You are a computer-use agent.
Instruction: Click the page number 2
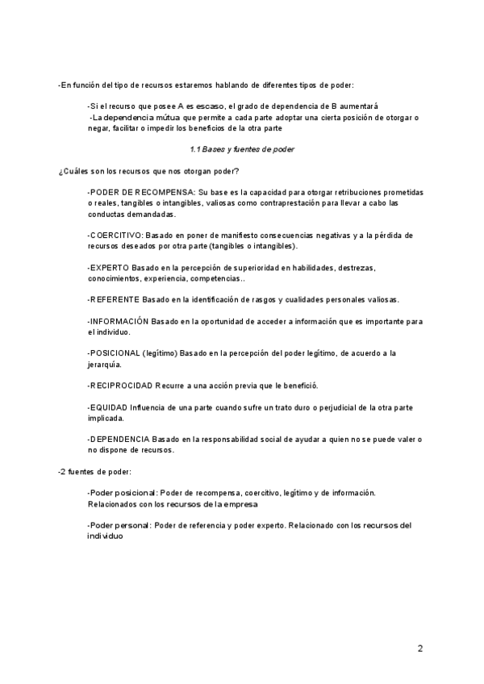419,648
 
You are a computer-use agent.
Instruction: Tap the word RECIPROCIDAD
120,386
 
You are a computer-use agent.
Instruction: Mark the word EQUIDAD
108,407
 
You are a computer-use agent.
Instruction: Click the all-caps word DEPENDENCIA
119,439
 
